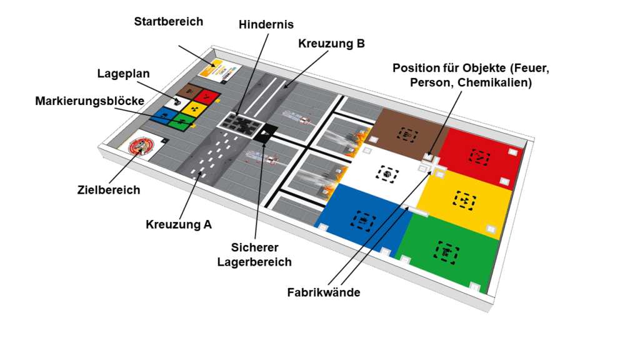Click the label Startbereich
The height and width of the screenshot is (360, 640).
click(169, 22)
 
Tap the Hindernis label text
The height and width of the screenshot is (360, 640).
click(266, 24)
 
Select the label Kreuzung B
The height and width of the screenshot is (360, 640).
click(331, 44)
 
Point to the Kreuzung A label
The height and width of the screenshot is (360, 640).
click(179, 224)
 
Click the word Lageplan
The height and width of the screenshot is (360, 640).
click(123, 74)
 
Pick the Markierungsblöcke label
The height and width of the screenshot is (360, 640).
click(90, 101)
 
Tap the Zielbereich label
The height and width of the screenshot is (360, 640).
click(109, 190)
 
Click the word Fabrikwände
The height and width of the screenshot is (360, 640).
click(324, 292)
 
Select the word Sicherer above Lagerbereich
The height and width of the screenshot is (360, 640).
click(255, 247)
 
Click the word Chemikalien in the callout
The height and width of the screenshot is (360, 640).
click(495, 83)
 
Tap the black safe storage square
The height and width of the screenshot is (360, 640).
click(265, 132)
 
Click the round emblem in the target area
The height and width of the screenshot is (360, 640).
click(141, 146)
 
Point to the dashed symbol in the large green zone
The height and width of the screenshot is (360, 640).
click(446, 252)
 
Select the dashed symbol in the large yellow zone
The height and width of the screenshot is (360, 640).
click(465, 201)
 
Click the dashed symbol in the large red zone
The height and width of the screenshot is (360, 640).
click(479, 157)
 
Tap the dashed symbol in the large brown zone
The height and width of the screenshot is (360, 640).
click(408, 135)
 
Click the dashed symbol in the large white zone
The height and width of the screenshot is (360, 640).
click(386, 174)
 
